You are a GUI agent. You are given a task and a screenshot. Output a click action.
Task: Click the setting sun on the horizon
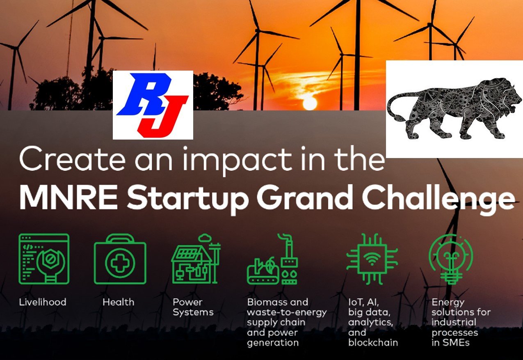(x=310, y=103)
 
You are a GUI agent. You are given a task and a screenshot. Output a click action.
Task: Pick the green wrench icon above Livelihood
(x=44, y=259)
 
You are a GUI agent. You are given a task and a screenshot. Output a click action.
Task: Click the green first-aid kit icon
(x=120, y=259)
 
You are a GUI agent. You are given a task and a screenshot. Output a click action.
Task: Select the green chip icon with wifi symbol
(x=372, y=259)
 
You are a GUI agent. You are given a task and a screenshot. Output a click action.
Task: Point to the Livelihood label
(x=43, y=303)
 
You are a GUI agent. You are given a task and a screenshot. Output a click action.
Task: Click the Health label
(x=118, y=303)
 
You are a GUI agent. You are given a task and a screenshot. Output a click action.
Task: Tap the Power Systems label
(x=193, y=307)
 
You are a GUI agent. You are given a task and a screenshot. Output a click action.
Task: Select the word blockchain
(x=373, y=342)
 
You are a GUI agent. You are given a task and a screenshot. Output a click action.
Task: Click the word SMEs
(x=454, y=342)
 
